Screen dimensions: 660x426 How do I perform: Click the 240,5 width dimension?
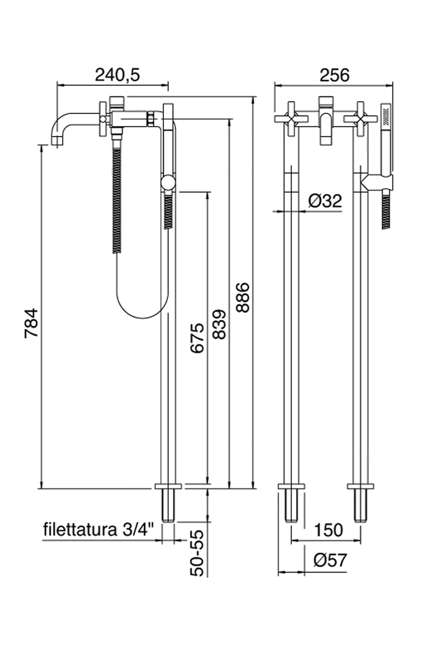coord(117,75)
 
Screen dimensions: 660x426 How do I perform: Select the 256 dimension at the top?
coord(334,75)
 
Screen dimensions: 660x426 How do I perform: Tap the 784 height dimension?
coord(31,323)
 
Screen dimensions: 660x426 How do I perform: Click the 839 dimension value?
coord(219,325)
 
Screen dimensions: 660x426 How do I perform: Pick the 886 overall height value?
coord(242,297)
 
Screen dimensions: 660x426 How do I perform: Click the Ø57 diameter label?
coord(330,561)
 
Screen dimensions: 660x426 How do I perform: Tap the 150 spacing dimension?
coord(327,530)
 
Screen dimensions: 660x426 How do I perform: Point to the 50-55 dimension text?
coord(198,553)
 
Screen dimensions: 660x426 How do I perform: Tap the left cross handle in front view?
coord(291,117)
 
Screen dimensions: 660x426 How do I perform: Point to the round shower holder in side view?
coord(168,183)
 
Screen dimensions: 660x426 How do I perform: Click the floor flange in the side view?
coord(169,486)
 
